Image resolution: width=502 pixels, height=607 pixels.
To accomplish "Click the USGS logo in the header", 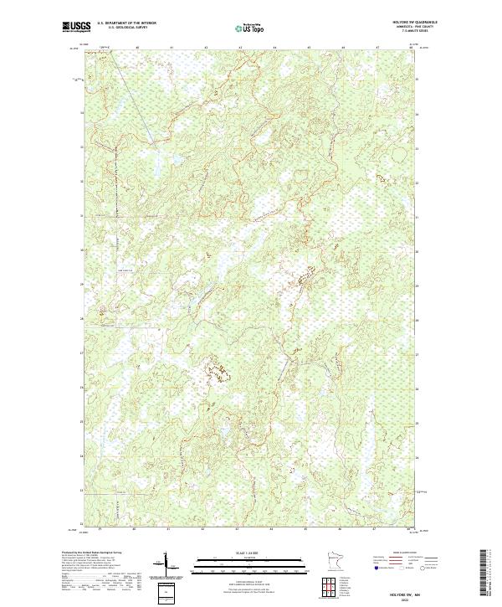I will point(75,27).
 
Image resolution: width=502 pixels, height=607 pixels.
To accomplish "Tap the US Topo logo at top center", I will point(250,28).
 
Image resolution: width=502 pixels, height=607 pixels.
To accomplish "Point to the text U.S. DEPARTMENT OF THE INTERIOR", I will point(127,23).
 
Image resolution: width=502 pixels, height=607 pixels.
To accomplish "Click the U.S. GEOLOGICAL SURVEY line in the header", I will point(127,28).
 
